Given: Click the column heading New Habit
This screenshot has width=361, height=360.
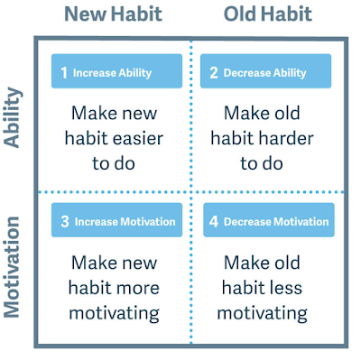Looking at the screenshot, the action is click(x=114, y=14).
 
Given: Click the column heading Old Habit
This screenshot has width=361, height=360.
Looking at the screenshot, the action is click(x=268, y=14).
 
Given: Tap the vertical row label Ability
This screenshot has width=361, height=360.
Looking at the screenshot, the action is click(x=13, y=117).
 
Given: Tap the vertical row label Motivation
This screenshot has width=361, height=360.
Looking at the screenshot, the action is click(x=12, y=267).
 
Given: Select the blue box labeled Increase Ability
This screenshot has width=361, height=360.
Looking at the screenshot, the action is click(x=116, y=71).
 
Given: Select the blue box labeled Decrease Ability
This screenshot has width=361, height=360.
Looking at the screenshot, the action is click(x=265, y=71).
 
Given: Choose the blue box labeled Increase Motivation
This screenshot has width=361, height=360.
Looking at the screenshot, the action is click(x=116, y=220).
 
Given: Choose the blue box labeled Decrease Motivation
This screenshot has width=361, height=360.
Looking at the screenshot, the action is click(x=269, y=220).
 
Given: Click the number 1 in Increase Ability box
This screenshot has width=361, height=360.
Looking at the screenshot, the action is click(x=64, y=72).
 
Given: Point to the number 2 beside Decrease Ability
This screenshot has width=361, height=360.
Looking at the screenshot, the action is click(x=214, y=72).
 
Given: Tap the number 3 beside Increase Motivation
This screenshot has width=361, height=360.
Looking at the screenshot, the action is click(x=65, y=221).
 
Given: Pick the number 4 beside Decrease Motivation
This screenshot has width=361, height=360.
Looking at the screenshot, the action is click(x=214, y=221).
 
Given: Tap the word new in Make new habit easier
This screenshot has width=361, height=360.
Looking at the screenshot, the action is click(x=139, y=115).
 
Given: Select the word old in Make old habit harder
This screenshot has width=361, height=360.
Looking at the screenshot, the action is click(x=287, y=113).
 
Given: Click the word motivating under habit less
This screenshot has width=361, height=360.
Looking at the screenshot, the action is click(x=263, y=313).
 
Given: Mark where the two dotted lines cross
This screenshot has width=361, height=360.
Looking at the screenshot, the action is click(x=191, y=192).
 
